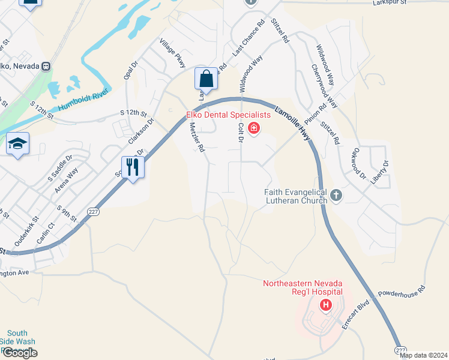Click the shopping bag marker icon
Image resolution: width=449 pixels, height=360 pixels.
point(206,79)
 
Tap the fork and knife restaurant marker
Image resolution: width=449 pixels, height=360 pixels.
point(133,167)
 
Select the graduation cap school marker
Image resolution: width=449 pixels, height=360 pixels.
point(18,144)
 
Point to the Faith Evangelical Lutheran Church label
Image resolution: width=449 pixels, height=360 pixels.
point(296,196)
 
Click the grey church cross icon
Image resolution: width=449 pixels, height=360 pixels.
point(336,194)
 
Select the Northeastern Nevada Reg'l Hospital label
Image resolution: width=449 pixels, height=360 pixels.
point(302,287)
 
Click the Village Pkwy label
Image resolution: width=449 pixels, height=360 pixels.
point(173,53)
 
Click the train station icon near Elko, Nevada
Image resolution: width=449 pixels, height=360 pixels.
point(46,66)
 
